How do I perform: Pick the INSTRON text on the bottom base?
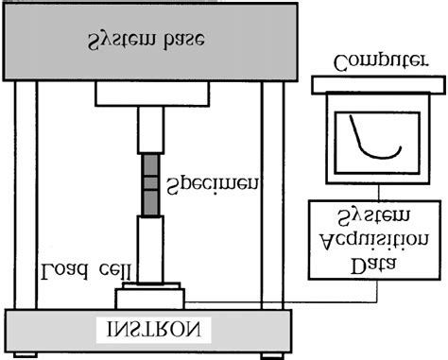click(x=150, y=330)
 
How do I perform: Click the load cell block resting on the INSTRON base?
click(x=151, y=298)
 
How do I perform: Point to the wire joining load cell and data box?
click(x=284, y=302)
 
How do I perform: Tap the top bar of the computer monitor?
click(x=378, y=84)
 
